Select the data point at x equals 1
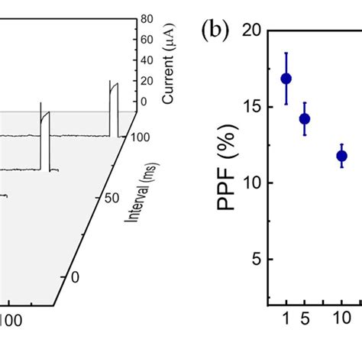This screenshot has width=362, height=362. (x=286, y=79)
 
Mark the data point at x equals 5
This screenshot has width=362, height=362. (x=305, y=119)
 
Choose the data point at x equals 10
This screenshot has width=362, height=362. (x=341, y=156)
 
